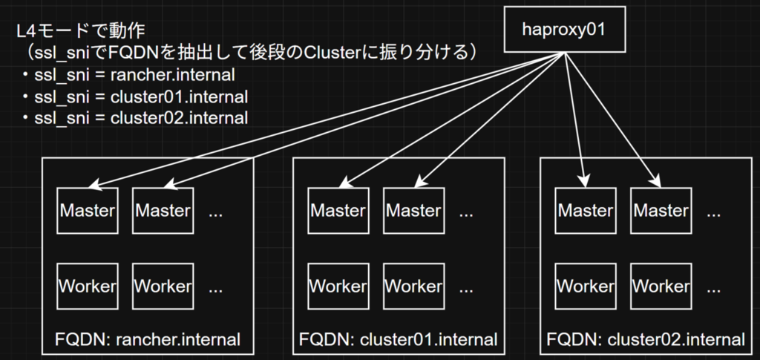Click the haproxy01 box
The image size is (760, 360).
click(564, 29)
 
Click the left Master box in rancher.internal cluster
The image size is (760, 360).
click(88, 211)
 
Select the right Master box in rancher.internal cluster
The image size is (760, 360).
click(163, 211)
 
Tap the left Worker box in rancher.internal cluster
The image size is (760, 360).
click(88, 287)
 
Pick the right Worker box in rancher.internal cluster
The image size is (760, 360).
click(163, 287)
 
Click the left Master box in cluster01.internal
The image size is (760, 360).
click(338, 211)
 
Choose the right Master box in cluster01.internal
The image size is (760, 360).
click(414, 211)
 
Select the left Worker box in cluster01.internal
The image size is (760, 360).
click(338, 287)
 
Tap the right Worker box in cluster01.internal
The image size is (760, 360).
click(414, 287)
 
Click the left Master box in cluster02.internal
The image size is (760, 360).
click(586, 211)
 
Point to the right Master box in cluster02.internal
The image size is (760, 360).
click(661, 211)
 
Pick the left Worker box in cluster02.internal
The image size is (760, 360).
click(586, 287)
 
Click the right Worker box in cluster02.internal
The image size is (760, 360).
click(661, 287)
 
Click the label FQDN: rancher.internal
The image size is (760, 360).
click(148, 338)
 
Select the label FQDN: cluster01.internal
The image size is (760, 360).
click(399, 338)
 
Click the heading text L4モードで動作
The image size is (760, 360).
click(80, 32)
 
